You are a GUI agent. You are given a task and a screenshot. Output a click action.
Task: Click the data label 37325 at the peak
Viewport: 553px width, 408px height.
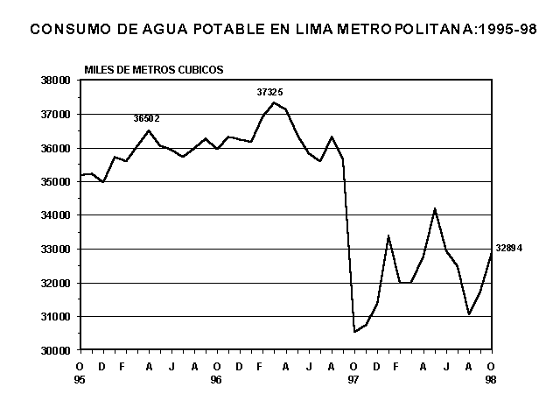[269, 91]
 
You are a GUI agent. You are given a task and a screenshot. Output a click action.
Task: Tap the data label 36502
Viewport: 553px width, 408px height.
[146, 118]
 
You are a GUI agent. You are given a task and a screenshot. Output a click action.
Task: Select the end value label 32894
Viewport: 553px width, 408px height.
[508, 249]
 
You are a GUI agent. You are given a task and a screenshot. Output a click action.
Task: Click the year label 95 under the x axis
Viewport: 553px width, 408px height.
[81, 380]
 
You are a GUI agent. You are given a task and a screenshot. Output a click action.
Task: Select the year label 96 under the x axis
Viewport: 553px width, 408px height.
[217, 380]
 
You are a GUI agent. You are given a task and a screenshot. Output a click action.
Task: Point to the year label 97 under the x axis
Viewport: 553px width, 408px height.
[353, 380]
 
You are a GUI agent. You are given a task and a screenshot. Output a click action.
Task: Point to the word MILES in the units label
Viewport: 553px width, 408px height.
[99, 68]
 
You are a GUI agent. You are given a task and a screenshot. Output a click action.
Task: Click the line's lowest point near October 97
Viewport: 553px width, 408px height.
[354, 332]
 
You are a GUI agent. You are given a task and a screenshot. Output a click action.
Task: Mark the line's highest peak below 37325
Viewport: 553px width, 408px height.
[274, 102]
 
